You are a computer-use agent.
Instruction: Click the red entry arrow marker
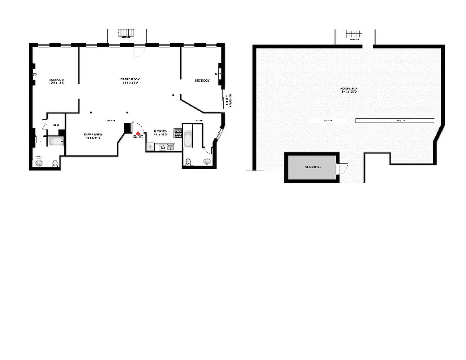pos(138,132)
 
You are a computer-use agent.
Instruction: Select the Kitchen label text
pos(160,133)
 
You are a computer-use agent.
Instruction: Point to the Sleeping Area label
pos(92,136)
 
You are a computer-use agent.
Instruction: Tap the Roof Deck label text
pos(349,90)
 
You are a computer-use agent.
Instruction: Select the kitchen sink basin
pos(171,147)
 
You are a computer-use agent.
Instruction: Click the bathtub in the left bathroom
pos(56,142)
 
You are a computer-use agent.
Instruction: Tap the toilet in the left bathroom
pos(55,163)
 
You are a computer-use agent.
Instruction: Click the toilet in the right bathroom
pos(189,162)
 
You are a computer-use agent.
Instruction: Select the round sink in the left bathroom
pos(40,163)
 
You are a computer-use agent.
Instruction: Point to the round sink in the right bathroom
pos(207,162)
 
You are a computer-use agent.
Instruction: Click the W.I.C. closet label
pos(56,125)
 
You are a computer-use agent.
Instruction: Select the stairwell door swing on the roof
pos(344,169)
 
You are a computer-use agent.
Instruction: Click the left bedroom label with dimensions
pos(57,81)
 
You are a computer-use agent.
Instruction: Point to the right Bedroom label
pos(202,81)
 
